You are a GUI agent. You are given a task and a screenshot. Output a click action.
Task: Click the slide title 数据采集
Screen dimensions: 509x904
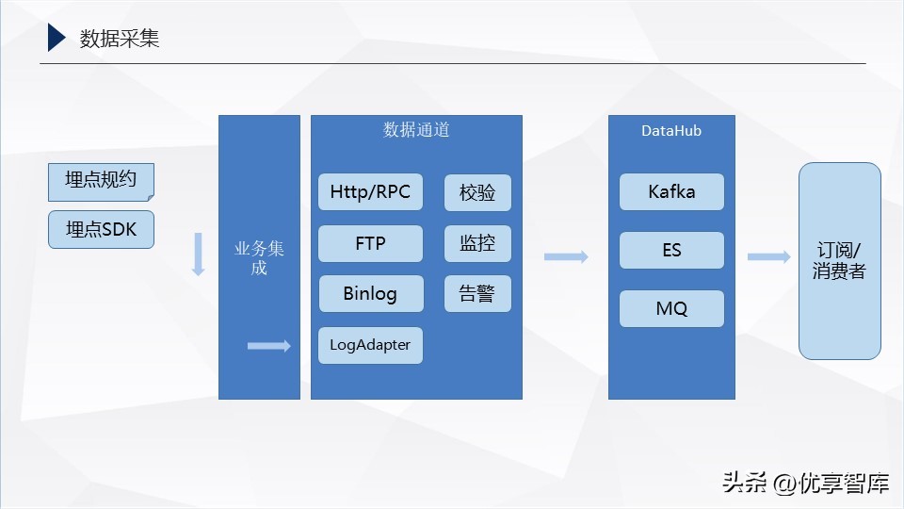coord(120,38)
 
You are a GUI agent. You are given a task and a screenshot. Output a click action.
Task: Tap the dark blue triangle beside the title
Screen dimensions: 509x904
coord(56,38)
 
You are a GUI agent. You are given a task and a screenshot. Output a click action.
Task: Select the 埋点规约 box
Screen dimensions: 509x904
coord(101,181)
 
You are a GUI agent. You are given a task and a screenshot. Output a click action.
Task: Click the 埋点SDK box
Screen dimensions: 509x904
coord(101,229)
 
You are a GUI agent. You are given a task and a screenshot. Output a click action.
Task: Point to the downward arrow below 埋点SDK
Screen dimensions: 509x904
coord(198,254)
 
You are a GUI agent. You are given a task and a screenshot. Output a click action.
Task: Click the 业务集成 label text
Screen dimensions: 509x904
coord(259,258)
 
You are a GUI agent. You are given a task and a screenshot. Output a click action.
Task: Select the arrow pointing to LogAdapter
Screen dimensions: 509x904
coord(269,347)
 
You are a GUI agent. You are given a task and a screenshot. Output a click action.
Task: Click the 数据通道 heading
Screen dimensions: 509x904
coord(416,130)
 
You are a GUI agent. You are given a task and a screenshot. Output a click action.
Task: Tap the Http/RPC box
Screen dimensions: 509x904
coord(370,192)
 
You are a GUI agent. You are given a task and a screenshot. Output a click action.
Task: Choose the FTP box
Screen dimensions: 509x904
coord(370,243)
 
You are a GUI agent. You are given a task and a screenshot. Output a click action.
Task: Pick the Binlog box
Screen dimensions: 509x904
coord(370,294)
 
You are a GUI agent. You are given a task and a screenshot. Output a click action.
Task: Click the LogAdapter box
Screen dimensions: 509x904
coord(370,345)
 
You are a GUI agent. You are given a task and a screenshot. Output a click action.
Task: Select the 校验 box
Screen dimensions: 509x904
coord(477,192)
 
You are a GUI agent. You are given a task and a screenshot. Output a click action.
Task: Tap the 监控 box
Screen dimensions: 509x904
coord(477,243)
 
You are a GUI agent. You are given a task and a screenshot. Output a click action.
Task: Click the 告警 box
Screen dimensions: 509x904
coord(477,294)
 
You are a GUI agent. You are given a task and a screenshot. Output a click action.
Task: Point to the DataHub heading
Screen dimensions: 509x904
coord(671,131)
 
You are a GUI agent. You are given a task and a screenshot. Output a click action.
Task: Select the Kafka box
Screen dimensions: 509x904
coord(671,192)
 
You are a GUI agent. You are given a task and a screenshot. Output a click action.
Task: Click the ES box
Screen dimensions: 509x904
coord(671,251)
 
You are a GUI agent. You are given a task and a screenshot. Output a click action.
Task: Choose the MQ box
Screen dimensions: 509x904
coord(671,309)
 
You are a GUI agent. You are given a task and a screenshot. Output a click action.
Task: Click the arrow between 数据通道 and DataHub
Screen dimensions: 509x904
coord(566,257)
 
